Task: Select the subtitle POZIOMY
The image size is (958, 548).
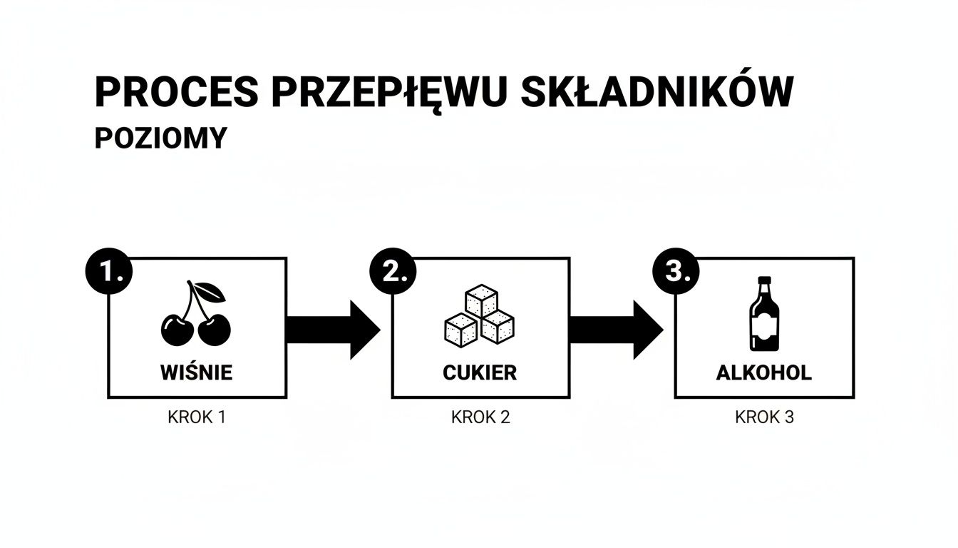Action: click(x=160, y=138)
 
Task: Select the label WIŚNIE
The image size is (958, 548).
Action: click(x=197, y=372)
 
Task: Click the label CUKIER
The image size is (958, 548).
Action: click(x=480, y=372)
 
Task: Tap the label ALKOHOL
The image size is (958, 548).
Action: click(x=764, y=372)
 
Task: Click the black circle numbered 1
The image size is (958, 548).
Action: click(x=108, y=272)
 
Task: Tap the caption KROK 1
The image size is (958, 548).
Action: click(x=197, y=417)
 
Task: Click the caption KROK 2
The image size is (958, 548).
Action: click(x=480, y=417)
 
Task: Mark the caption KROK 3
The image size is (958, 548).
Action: click(x=764, y=417)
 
